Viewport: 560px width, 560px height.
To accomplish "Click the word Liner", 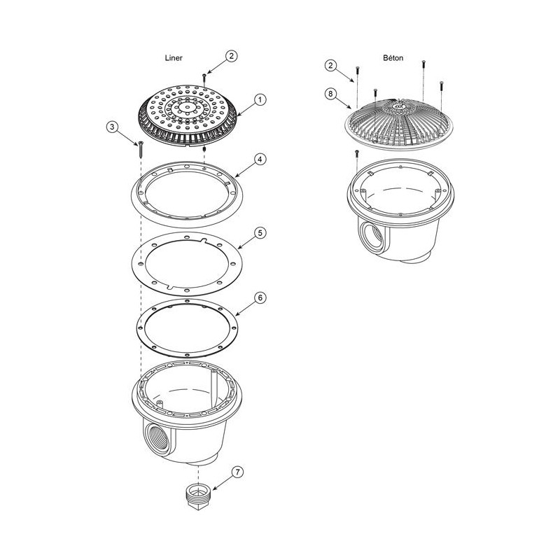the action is pyautogui.click(x=174, y=58).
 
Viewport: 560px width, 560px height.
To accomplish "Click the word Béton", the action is pyautogui.click(x=393, y=58).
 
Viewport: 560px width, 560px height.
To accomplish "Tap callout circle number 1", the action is pyautogui.click(x=260, y=99).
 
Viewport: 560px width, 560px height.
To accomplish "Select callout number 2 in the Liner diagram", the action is pyautogui.click(x=231, y=56).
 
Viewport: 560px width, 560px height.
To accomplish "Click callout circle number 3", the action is pyautogui.click(x=112, y=127).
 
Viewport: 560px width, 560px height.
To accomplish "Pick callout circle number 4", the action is pyautogui.click(x=260, y=159).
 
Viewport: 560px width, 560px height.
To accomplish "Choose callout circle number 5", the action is pyautogui.click(x=260, y=233).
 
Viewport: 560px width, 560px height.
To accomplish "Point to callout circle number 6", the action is pyautogui.click(x=260, y=297).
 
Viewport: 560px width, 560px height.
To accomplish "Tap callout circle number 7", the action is pyautogui.click(x=237, y=472).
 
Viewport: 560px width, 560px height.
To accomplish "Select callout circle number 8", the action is pyautogui.click(x=330, y=94).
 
